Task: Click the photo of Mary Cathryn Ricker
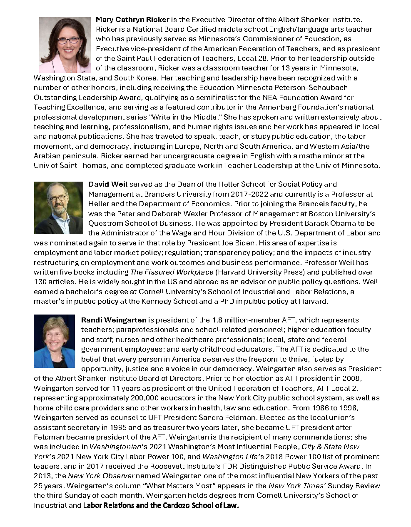tap(65, 45)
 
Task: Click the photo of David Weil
tap(58, 207)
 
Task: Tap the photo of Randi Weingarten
tap(54, 341)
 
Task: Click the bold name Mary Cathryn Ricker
tap(132, 20)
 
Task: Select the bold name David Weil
tap(108, 184)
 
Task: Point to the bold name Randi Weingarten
tap(114, 320)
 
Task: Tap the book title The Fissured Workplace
tap(172, 272)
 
